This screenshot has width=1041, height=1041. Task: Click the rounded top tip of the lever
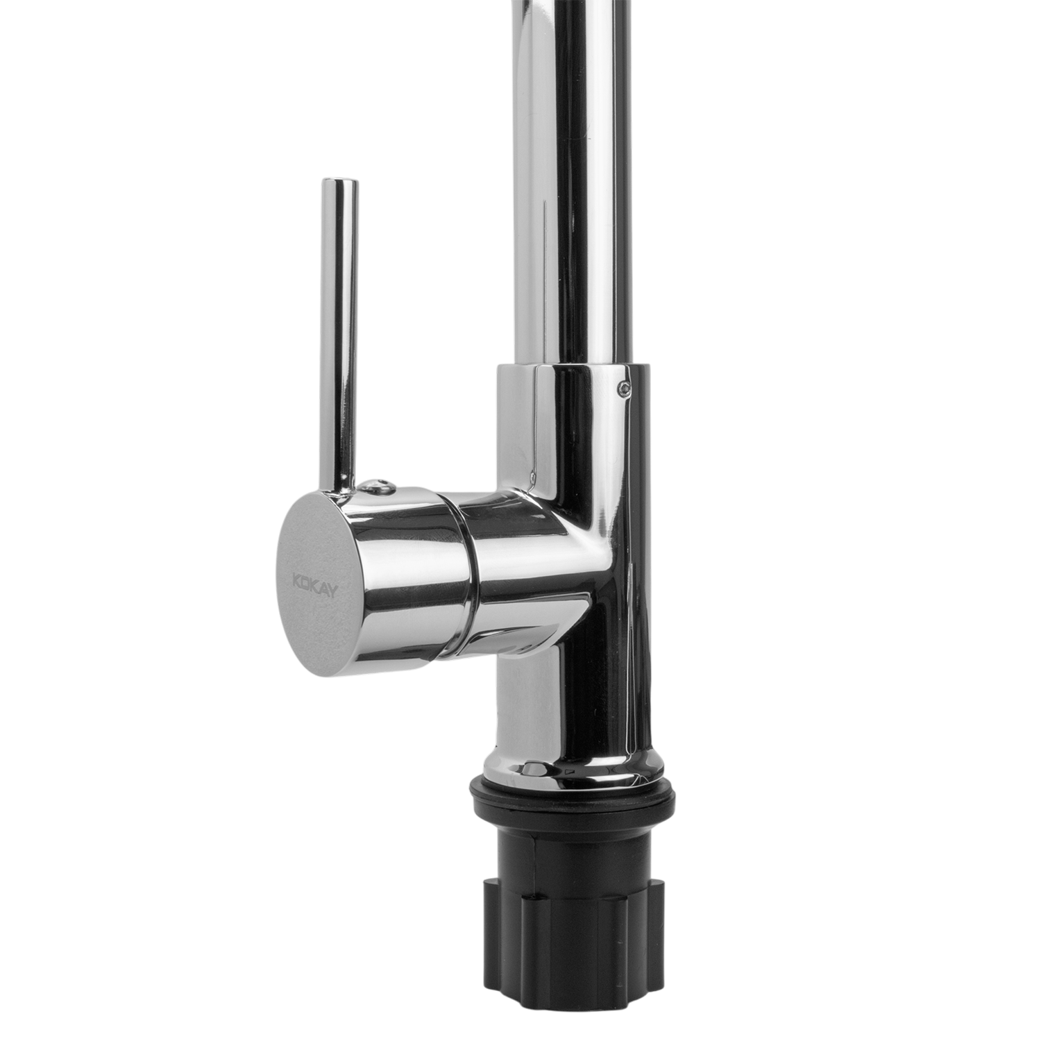(x=340, y=183)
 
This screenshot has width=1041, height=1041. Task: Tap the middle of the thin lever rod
(x=340, y=333)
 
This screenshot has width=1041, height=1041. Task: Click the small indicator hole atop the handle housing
(x=375, y=484)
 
